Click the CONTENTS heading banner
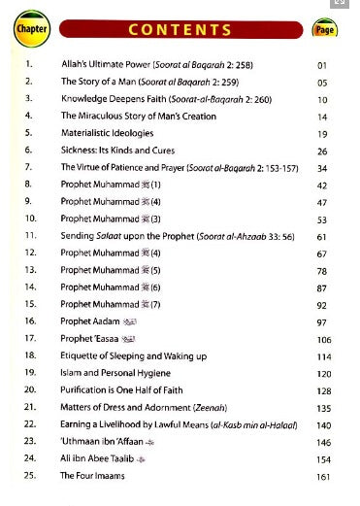(181, 29)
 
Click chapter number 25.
(29, 476)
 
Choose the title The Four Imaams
(93, 476)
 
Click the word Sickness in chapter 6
(79, 151)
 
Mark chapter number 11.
(29, 235)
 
